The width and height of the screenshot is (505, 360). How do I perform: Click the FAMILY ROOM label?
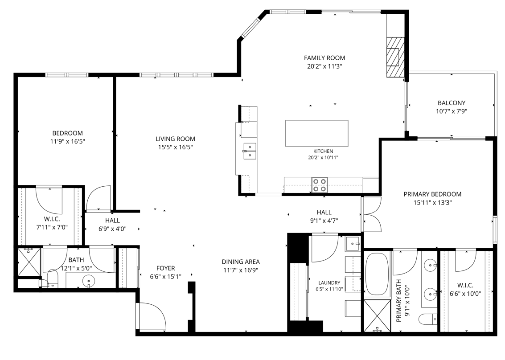tap(324, 58)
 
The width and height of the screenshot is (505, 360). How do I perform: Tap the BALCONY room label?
tap(452, 103)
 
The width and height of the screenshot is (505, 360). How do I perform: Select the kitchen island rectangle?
tap(316, 133)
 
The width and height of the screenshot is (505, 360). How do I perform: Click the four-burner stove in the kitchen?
tap(320, 185)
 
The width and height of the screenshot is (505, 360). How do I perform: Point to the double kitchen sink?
tap(250, 151)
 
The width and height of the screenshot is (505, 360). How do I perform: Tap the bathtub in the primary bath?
tap(377, 274)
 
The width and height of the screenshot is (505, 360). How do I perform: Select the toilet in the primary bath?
tap(428, 320)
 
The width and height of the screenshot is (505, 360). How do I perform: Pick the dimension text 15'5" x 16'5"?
tap(176, 147)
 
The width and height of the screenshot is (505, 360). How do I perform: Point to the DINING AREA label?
tap(241, 262)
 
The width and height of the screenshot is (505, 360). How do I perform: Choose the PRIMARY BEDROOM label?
tap(432, 194)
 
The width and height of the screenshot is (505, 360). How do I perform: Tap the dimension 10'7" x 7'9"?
tap(452, 111)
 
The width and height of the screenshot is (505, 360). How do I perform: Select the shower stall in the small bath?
tap(29, 262)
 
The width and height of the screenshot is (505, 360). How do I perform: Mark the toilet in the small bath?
tap(52, 279)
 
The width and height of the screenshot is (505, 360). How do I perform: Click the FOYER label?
tap(166, 268)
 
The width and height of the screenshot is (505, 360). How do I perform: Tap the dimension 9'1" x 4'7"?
tap(324, 221)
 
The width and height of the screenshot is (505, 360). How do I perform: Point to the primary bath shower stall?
tap(377, 315)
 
